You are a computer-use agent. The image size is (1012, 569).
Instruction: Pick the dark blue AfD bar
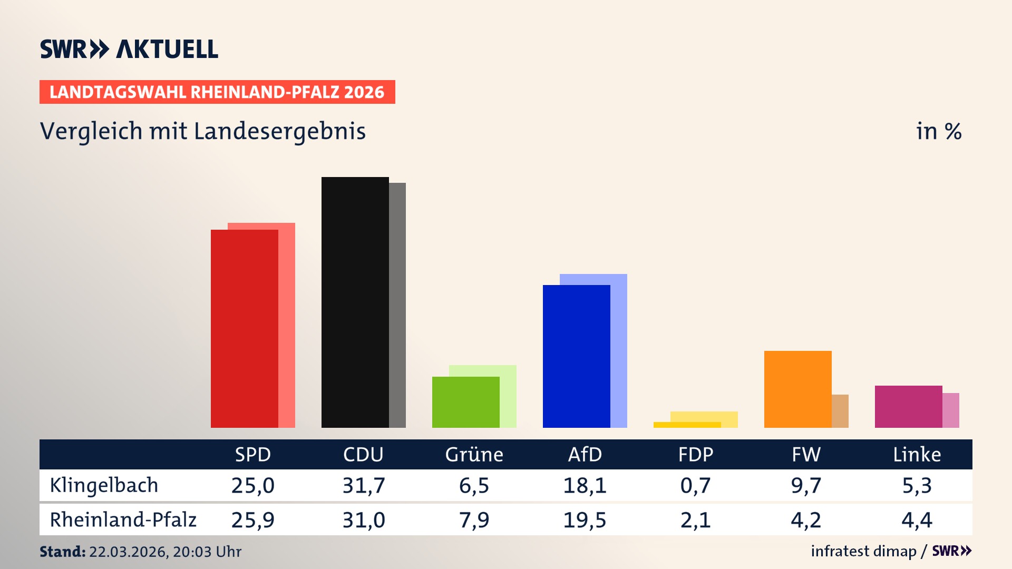(576, 356)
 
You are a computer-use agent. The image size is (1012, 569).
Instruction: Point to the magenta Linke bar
(908, 406)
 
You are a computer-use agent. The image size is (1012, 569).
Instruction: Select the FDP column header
(695, 454)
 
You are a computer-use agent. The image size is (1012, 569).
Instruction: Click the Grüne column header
(474, 454)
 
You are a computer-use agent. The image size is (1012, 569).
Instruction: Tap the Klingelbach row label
(104, 485)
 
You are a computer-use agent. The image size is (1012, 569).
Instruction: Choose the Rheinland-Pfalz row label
(123, 520)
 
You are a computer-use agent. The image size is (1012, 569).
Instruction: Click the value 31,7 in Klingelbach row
(364, 485)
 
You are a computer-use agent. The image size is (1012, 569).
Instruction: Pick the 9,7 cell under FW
(806, 485)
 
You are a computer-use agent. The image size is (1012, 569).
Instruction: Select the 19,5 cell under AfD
(585, 520)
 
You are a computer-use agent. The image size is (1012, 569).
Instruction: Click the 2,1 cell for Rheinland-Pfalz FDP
(695, 520)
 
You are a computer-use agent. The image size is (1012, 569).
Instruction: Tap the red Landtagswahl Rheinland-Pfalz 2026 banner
(217, 92)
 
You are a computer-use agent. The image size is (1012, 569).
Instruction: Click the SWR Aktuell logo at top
(129, 49)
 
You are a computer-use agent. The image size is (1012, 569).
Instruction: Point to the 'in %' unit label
(938, 131)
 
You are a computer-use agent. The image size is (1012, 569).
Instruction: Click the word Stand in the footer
(62, 552)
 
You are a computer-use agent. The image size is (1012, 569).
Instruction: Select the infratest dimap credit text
(863, 551)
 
